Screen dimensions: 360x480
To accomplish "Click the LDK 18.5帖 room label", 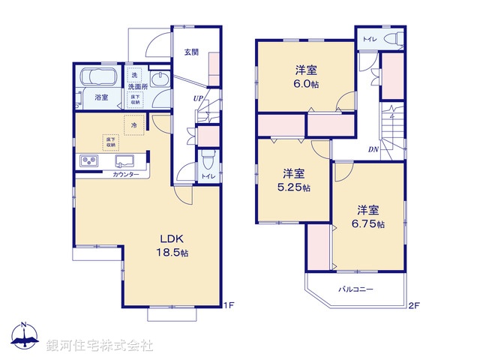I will click(172, 247).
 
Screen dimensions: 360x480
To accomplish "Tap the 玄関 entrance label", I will click(191, 52).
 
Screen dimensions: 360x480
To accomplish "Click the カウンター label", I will click(125, 174).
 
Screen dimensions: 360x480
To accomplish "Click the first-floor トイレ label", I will click(206, 176).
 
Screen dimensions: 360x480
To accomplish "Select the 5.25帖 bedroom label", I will click(292, 179).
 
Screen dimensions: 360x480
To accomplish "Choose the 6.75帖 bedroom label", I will click(367, 217).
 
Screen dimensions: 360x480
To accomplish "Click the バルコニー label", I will click(355, 288).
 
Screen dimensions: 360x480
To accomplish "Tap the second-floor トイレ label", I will click(370, 37).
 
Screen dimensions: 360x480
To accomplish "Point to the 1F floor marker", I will click(230, 305).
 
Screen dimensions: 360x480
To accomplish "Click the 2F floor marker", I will click(412, 305).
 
